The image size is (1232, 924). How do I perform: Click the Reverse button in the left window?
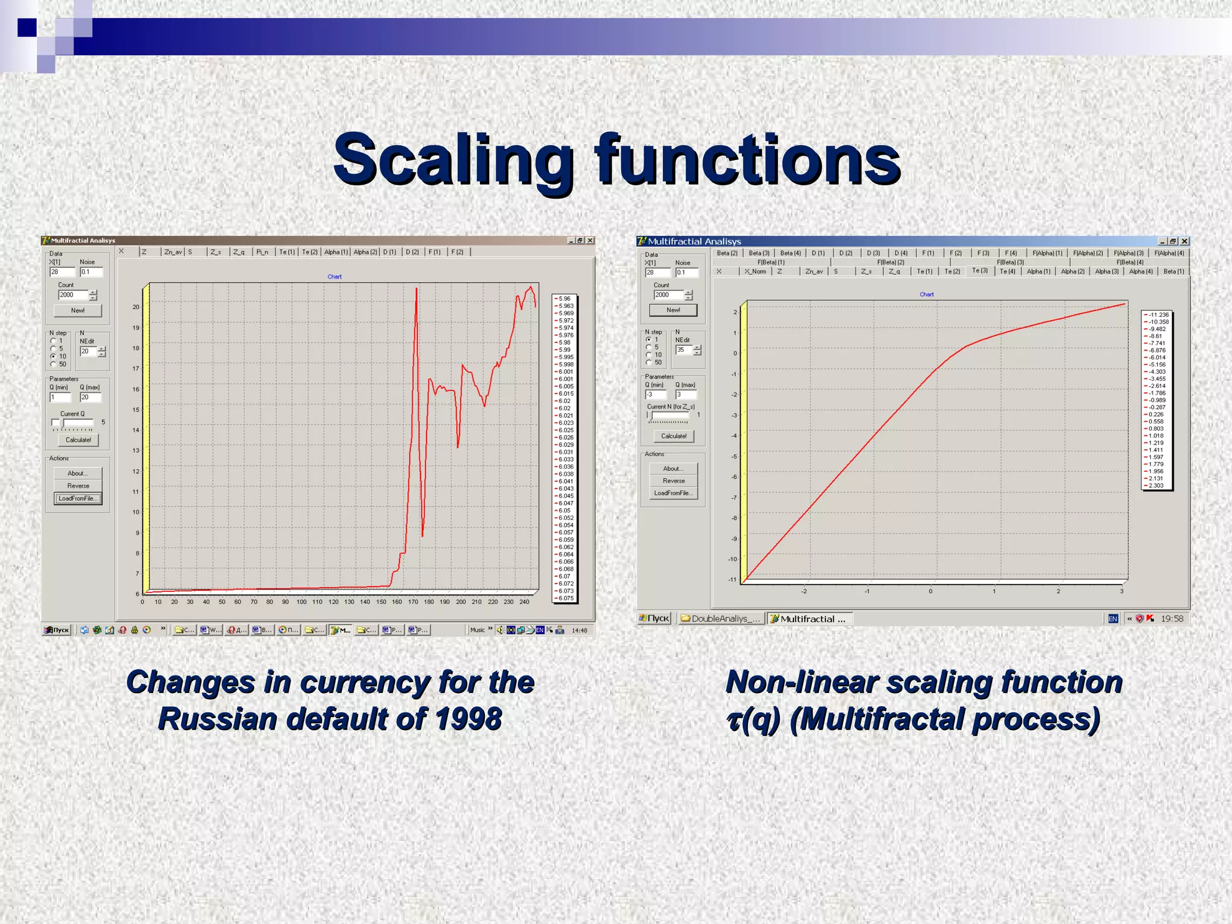coord(78,485)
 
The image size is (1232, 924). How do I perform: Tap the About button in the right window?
coord(673,469)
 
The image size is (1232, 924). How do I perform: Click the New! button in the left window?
coord(78,310)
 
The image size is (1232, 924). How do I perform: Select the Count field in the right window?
coord(668,295)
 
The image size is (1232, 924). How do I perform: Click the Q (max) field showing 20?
coord(90,397)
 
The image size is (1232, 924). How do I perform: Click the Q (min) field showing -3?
coord(655,395)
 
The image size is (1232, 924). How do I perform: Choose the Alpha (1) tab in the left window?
coord(336,252)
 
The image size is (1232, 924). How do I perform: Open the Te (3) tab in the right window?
coord(980,271)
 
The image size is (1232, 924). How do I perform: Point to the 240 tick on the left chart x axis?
coord(525,602)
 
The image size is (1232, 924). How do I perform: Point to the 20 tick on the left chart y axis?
coord(136,307)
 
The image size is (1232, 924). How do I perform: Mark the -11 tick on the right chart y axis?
coord(732,580)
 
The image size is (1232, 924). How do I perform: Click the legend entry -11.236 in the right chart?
coord(1158,315)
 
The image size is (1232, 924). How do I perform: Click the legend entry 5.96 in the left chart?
coord(564,298)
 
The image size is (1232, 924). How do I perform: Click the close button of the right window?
coord(1184,241)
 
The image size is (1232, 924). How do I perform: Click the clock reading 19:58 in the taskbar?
coord(1172,618)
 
